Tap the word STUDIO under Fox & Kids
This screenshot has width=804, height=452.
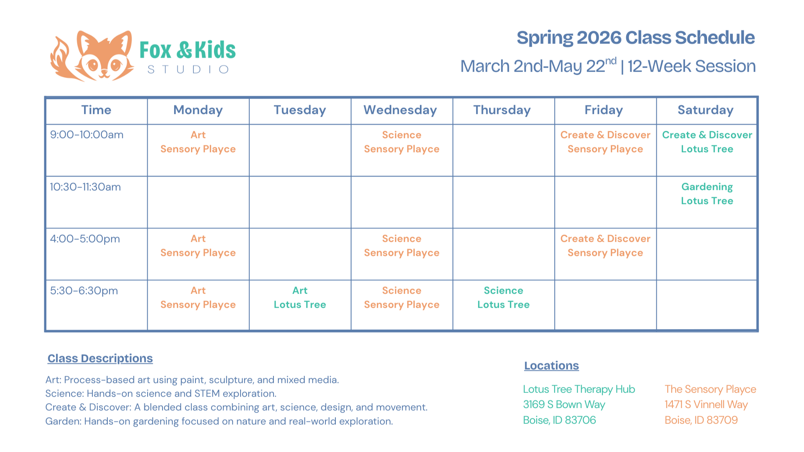point(188,70)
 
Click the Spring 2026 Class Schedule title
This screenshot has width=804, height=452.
point(635,38)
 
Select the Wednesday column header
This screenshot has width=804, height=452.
point(400,110)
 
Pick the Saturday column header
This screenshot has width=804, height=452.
point(705,110)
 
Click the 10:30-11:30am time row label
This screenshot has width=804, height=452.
point(85,187)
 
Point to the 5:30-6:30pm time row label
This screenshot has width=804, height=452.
point(84,291)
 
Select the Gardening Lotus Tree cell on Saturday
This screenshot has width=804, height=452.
point(707,194)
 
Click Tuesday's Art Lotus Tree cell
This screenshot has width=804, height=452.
point(300,298)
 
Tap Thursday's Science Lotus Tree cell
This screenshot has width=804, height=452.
point(503,298)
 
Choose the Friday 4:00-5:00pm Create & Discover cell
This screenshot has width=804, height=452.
point(605,246)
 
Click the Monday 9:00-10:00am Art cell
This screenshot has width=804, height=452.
point(198,142)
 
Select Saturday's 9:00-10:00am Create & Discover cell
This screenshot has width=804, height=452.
point(707,142)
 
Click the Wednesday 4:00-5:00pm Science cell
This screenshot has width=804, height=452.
point(401,246)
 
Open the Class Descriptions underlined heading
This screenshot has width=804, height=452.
point(100,358)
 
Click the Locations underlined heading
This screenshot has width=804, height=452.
point(551,366)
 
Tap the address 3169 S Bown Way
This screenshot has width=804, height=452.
point(564,405)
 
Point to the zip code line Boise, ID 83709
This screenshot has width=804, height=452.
point(701,420)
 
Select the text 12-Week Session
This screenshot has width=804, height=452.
point(691,66)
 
